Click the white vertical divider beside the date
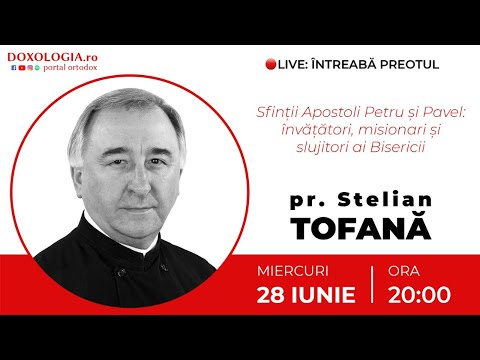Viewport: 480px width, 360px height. coord(372,284)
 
